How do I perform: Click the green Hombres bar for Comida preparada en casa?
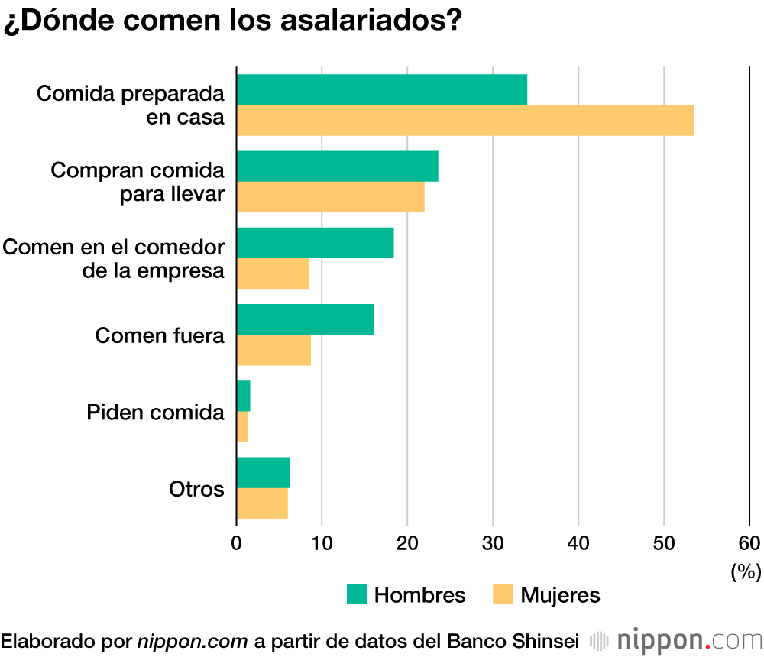(382, 90)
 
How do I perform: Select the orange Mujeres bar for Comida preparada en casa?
(465, 121)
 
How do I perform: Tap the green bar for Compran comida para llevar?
(338, 167)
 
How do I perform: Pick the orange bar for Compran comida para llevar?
(331, 197)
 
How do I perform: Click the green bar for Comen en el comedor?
(316, 243)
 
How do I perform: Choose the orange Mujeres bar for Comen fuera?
(274, 350)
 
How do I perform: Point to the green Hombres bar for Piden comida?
(244, 396)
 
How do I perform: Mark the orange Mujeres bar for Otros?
(262, 503)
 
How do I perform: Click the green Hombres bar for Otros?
(263, 472)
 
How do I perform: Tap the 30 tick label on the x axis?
(494, 543)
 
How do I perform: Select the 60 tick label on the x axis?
(749, 543)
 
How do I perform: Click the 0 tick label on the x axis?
(237, 543)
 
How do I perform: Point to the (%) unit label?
(746, 571)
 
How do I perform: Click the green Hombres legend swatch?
(357, 594)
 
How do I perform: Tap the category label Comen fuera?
(160, 335)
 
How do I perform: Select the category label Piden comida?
(156, 413)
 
